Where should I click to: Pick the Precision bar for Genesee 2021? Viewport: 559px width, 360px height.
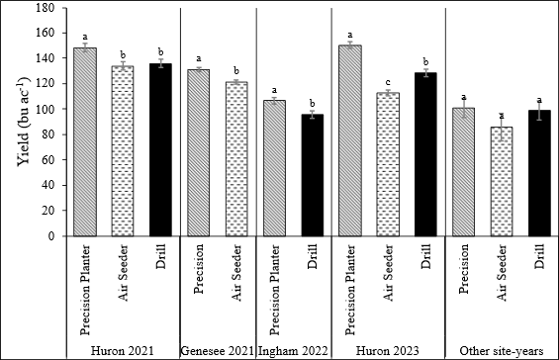(x=200, y=153)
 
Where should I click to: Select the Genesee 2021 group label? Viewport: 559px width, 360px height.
(x=218, y=349)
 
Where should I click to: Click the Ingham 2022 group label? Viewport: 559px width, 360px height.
(x=295, y=349)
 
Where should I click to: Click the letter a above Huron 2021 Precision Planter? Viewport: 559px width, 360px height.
(x=85, y=36)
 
